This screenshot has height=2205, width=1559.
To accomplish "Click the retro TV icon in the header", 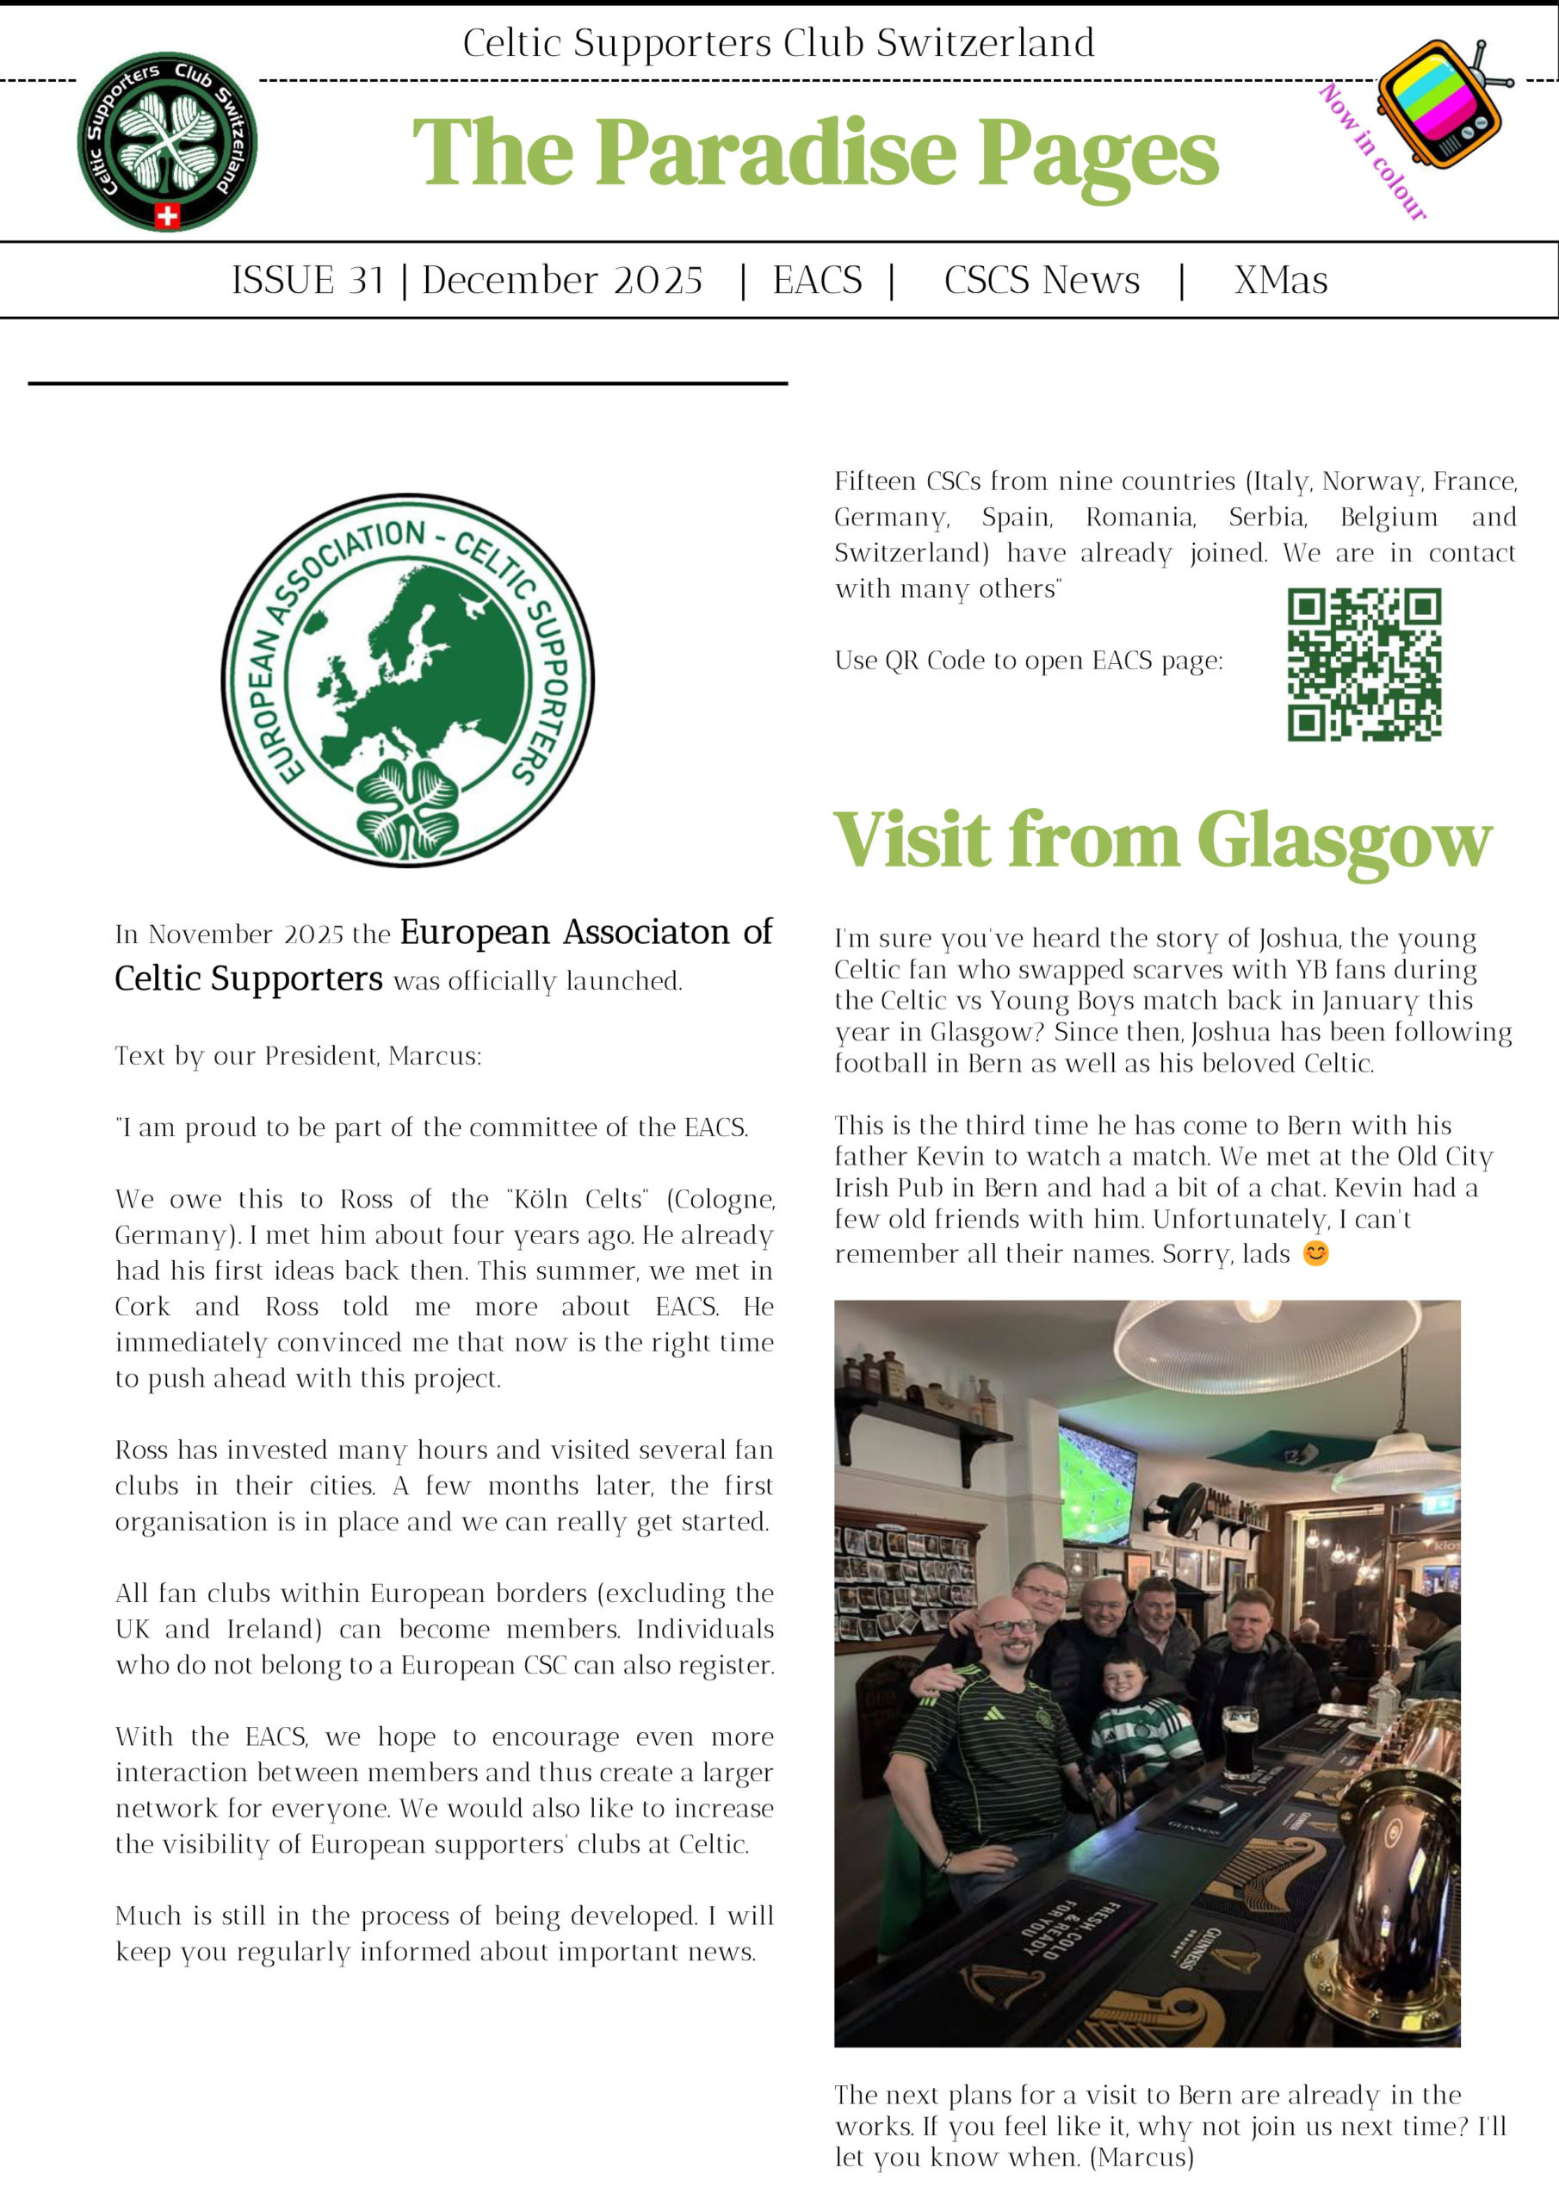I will coord(1440,102).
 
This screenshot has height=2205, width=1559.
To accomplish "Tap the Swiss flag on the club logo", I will coord(167,215).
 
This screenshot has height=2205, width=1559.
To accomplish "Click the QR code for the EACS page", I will coord(1364,665).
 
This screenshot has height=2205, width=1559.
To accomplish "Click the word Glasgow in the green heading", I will coord(1344,841).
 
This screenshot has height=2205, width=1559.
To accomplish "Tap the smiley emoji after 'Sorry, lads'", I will coord(1316,1253).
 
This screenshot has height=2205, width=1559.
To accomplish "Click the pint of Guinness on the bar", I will coord(1240,1740).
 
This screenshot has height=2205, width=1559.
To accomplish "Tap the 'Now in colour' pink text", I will coord(1373,152).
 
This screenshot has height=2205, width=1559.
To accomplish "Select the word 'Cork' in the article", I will coord(142,1307).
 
